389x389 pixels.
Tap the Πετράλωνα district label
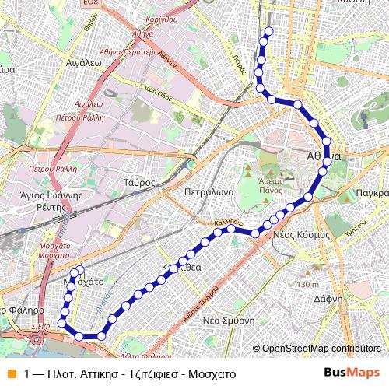pyautogui.click(x=205, y=190)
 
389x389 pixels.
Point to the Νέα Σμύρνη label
pyautogui.click(x=229, y=321)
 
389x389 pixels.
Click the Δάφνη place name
pyautogui.click(x=329, y=298)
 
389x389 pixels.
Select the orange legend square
pyautogui.click(x=10, y=373)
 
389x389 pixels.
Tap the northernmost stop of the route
pyautogui.click(x=269, y=31)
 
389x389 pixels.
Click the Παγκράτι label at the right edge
pyautogui.click(x=370, y=192)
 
